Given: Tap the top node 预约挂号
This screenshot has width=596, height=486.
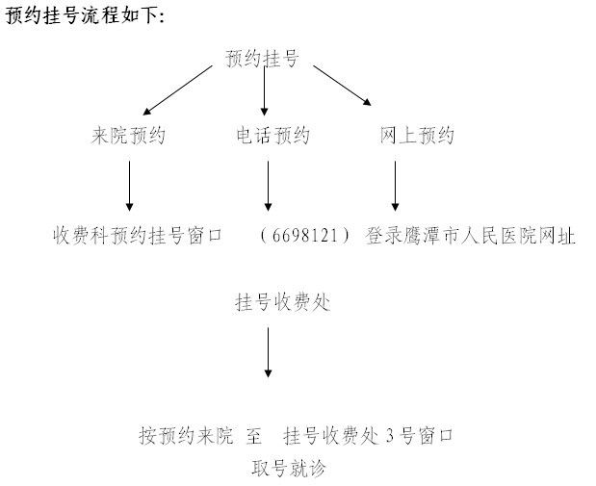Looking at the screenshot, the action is point(262,59).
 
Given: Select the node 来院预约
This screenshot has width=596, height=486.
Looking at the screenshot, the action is point(128,136).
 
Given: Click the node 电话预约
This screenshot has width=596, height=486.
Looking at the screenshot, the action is point(272,136).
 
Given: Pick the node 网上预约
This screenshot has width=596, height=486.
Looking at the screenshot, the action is point(417,136).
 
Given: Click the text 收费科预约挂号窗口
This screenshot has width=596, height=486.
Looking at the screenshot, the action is point(138,236).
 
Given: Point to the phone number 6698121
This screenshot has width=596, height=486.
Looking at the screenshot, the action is point(305,236).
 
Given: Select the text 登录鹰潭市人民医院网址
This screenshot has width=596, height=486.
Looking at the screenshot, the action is point(470,236).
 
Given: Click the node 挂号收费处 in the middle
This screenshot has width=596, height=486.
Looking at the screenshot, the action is point(283,302).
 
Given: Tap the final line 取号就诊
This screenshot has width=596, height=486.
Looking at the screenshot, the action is point(289,468).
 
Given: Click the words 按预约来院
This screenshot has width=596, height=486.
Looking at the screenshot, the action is point(186,435).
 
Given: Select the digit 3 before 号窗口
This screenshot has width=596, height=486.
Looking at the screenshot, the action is point(390,436).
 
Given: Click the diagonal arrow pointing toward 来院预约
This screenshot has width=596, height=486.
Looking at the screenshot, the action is point(177,90).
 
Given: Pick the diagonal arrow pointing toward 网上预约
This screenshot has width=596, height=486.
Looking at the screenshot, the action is point(342,86).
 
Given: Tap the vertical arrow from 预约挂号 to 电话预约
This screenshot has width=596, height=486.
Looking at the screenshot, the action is point(264,90).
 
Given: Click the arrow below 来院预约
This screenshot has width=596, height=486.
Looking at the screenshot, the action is point(129,186).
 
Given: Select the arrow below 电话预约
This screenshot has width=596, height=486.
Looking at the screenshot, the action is point(268,186).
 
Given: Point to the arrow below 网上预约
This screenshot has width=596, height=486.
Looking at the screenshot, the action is point(395,186).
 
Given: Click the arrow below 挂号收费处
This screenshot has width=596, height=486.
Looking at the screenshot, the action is point(268,352).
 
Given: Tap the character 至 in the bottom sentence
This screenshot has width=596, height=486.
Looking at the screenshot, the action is point(254,435).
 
